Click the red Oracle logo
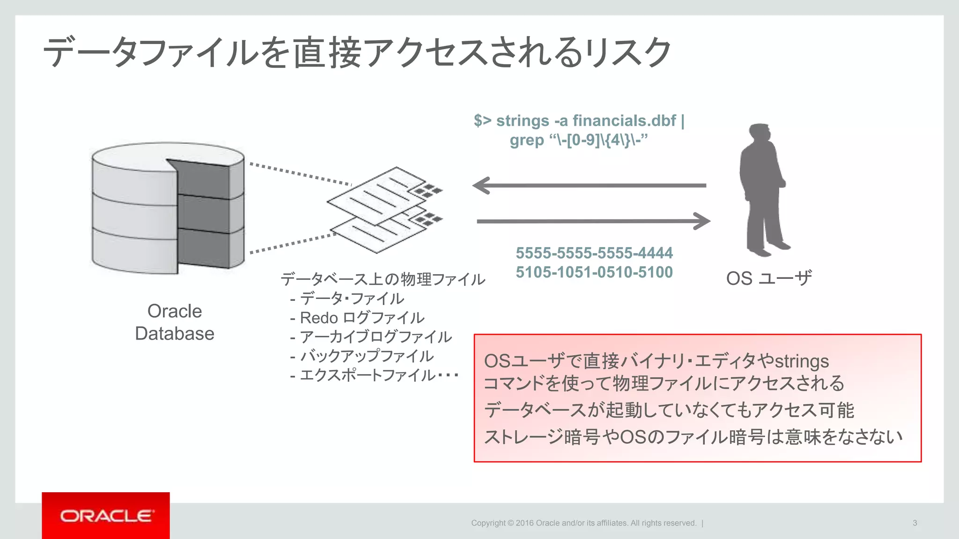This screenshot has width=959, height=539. pyautogui.click(x=106, y=516)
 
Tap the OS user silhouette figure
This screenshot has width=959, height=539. pyautogui.click(x=762, y=189)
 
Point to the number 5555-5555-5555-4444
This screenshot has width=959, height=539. pyautogui.click(x=594, y=253)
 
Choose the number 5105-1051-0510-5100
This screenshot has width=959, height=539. pyautogui.click(x=594, y=272)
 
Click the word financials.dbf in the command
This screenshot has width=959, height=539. pyautogui.click(x=624, y=121)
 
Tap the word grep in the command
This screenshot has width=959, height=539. pyautogui.click(x=527, y=140)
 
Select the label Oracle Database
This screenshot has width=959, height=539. pyautogui.click(x=175, y=322)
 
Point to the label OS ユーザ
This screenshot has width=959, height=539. pyautogui.click(x=769, y=278)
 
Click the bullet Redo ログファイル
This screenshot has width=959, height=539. pyautogui.click(x=361, y=318)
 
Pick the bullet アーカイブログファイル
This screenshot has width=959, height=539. pyautogui.click(x=375, y=337)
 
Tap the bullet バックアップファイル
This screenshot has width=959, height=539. pyautogui.click(x=366, y=356)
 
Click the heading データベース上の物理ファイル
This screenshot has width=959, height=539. pyautogui.click(x=383, y=279)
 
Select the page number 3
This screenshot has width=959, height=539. pyautogui.click(x=915, y=523)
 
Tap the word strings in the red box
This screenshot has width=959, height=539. pyautogui.click(x=802, y=361)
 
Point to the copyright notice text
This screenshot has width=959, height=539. pyautogui.click(x=583, y=523)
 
